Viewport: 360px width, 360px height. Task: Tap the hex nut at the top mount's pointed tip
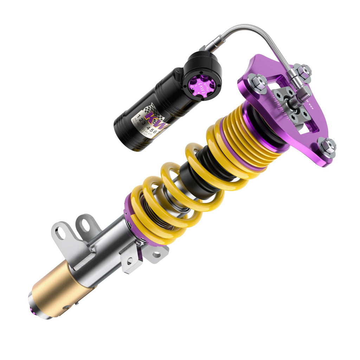[x=328, y=147]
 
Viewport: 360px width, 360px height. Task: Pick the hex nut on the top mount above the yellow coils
[x=258, y=83]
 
